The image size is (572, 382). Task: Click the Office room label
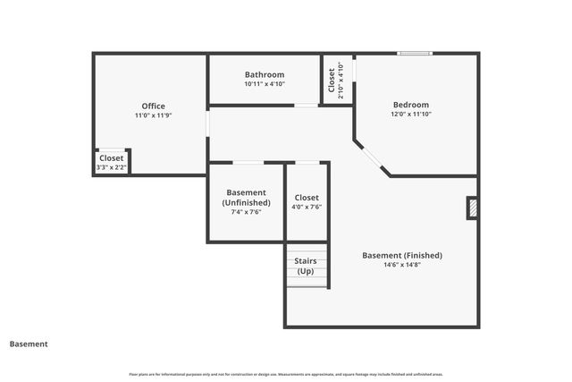tap(153, 106)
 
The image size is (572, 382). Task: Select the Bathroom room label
tap(265, 74)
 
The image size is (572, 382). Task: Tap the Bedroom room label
tap(410, 105)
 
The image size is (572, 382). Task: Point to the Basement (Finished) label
tap(401, 255)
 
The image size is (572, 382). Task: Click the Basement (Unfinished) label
tap(246, 198)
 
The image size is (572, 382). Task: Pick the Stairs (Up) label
tap(307, 266)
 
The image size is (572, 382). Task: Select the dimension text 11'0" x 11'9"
tap(153, 116)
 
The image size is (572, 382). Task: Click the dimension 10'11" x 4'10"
tap(265, 84)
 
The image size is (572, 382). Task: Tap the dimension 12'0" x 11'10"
tap(410, 115)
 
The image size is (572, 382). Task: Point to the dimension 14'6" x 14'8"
tap(401, 265)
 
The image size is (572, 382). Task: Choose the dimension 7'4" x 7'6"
tap(246, 213)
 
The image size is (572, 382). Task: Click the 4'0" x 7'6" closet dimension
tap(307, 207)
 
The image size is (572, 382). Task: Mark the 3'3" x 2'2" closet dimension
tap(112, 167)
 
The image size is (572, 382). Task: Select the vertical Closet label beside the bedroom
tap(331, 80)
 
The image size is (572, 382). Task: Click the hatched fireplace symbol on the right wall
tap(472, 208)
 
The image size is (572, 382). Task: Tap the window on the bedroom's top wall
tap(415, 54)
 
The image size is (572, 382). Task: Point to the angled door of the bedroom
tap(371, 157)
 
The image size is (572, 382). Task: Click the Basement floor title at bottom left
tap(29, 344)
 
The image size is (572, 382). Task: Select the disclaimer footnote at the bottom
tap(286, 374)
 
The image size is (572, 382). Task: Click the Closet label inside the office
tap(112, 158)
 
